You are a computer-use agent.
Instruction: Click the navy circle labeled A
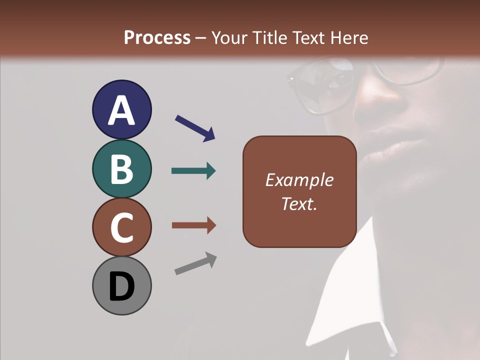(x=121, y=109)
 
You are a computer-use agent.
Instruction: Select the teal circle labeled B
(x=121, y=168)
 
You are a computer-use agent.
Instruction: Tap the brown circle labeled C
(x=121, y=227)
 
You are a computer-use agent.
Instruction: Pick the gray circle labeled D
(x=121, y=285)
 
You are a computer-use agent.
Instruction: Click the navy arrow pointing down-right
(x=195, y=128)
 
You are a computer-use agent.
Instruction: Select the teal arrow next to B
(x=193, y=171)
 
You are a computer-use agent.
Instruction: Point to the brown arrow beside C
(x=193, y=225)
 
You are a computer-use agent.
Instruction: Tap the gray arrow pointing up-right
(x=195, y=263)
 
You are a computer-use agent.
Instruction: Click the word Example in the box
(x=299, y=180)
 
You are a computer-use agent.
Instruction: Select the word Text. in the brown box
(x=299, y=204)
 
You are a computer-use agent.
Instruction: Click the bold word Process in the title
(x=157, y=37)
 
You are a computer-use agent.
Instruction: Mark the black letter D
(x=121, y=286)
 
